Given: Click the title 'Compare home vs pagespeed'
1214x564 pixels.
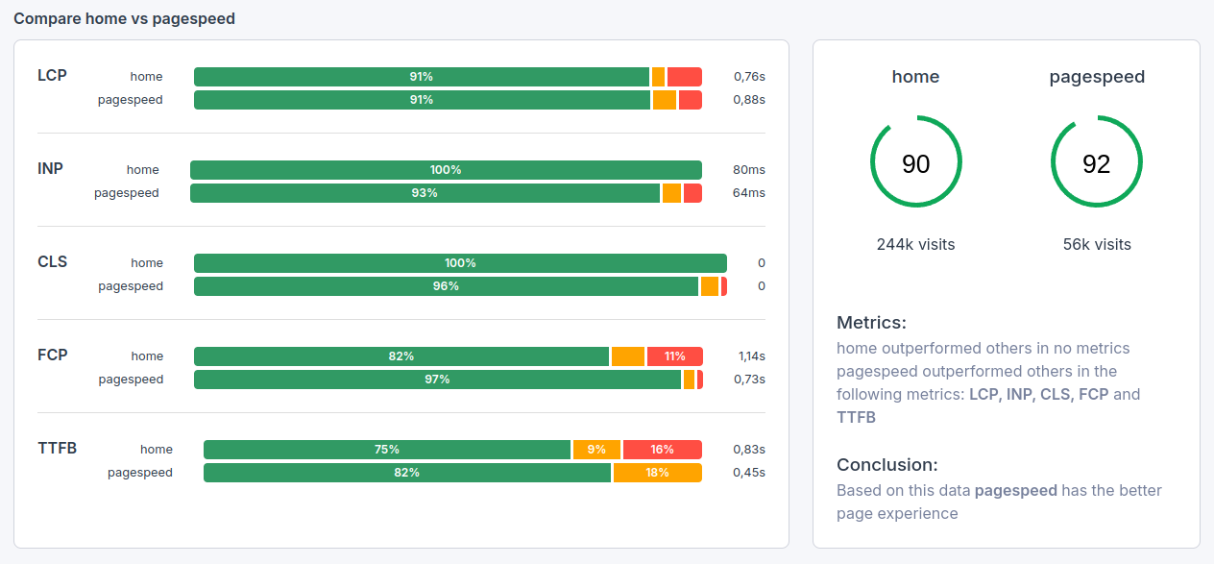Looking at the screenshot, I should (x=124, y=18).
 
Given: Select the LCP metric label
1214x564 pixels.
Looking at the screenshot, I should (x=52, y=75).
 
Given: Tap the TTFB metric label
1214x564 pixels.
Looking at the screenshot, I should (x=58, y=448).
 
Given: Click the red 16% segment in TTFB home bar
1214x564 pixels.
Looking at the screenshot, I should (x=662, y=450).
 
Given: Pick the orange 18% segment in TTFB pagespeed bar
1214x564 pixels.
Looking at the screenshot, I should (x=657, y=473).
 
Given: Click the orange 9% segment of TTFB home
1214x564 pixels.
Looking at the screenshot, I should (x=596, y=450).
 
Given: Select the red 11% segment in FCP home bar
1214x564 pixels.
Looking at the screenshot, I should (x=674, y=356).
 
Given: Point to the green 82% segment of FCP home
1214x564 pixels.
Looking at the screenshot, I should (x=401, y=356).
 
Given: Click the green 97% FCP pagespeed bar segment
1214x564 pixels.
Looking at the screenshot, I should (x=437, y=380).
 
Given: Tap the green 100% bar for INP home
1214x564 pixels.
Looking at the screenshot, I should (x=446, y=170).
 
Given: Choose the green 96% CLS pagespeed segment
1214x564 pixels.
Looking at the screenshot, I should (x=446, y=286).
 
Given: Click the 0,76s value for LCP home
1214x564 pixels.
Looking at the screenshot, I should (x=749, y=77).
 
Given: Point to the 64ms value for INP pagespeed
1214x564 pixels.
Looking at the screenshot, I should (x=748, y=193).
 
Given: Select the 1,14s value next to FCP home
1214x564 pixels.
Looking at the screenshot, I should (x=751, y=356).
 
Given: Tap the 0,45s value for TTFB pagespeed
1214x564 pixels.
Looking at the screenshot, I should (x=749, y=473).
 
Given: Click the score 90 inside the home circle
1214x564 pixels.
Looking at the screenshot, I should (x=915, y=164).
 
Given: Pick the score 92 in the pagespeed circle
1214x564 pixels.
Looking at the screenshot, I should (x=1096, y=164).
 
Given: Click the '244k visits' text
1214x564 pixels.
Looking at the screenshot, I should (x=915, y=244).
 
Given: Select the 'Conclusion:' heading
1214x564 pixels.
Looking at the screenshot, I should (x=886, y=465).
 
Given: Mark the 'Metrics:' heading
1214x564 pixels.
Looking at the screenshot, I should (x=871, y=323).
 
